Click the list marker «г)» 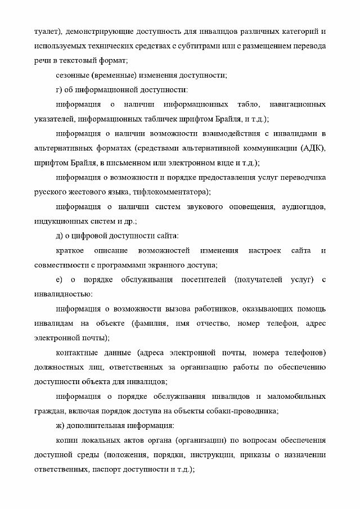(60, 89)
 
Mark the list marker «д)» (60, 236)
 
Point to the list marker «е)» (60, 280)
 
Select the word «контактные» (76, 353)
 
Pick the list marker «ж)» (61, 426)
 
